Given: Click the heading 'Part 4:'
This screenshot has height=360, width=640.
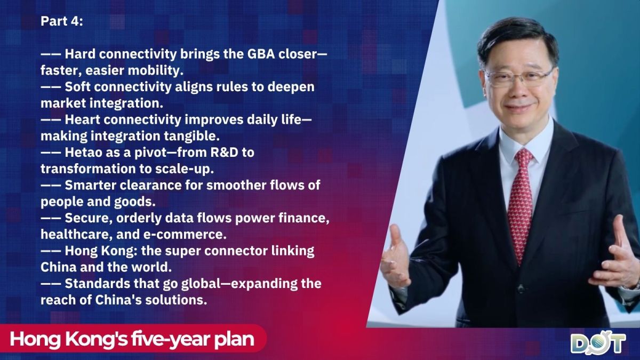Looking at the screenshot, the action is point(62,21).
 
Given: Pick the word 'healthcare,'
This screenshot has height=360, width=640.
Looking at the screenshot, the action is point(76,235).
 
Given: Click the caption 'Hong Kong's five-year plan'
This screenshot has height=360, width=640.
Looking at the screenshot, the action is point(132,339).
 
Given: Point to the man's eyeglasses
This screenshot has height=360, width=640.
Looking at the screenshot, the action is point(518,78).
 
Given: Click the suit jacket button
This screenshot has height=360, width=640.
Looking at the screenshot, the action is point(521,290).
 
